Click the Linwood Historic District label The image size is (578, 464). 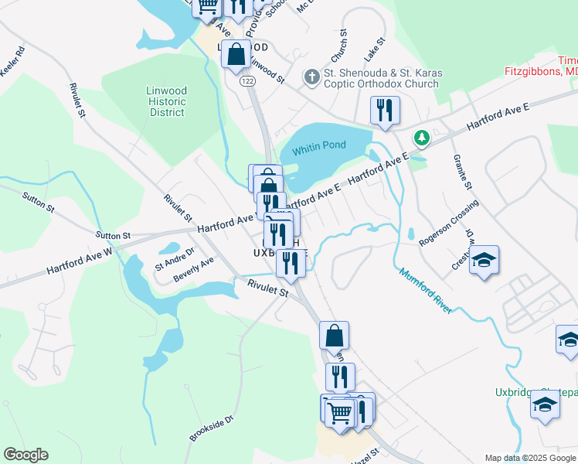point(167,101)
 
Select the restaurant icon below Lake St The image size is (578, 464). point(385,110)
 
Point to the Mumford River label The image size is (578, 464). point(424,291)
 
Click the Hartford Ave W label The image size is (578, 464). point(79,260)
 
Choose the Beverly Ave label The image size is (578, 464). point(193,270)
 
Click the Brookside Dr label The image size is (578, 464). point(211,428)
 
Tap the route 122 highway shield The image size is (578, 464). point(247,80)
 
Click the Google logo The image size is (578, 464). point(25,455)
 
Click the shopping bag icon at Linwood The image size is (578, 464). point(237,55)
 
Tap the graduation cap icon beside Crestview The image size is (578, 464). point(484,261)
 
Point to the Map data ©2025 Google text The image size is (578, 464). point(529,458)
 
